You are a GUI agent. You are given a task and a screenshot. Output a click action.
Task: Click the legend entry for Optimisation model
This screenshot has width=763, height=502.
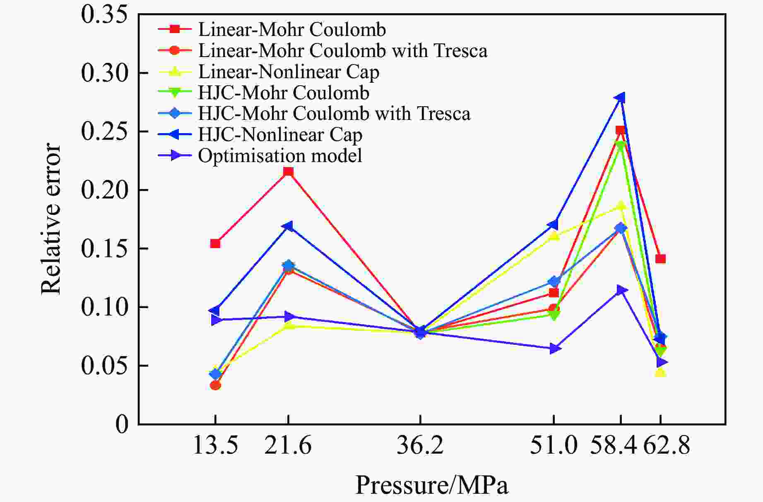tap(280, 156)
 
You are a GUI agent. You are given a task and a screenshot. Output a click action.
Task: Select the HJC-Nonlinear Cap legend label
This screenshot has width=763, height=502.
tap(280, 135)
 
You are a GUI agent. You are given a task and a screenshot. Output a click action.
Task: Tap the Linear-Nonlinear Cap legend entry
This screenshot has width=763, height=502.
tap(289, 72)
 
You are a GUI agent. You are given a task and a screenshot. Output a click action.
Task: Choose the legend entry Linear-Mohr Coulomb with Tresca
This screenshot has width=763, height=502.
tap(342, 50)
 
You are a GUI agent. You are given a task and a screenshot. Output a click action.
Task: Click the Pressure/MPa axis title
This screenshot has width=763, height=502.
tap(431, 485)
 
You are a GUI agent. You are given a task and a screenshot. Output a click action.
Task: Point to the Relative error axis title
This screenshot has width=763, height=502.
tap(51, 219)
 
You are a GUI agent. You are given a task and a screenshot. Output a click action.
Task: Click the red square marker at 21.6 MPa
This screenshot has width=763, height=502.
tap(288, 172)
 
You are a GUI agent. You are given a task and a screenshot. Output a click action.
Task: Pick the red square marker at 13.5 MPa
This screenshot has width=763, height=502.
tap(215, 244)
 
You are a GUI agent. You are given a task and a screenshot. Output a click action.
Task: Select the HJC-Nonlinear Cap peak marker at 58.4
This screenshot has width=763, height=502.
tap(620, 98)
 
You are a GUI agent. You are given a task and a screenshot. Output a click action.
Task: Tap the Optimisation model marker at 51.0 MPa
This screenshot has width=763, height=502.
tap(555, 349)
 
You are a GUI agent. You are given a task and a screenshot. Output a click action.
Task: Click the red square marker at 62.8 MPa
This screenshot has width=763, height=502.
tap(660, 259)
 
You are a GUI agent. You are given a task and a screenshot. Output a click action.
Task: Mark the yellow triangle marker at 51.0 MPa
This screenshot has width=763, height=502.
tap(554, 236)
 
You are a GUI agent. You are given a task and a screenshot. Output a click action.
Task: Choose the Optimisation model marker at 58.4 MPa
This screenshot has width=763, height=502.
tap(621, 290)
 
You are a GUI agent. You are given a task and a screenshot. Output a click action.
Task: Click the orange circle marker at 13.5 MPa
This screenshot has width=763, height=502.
tap(215, 385)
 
